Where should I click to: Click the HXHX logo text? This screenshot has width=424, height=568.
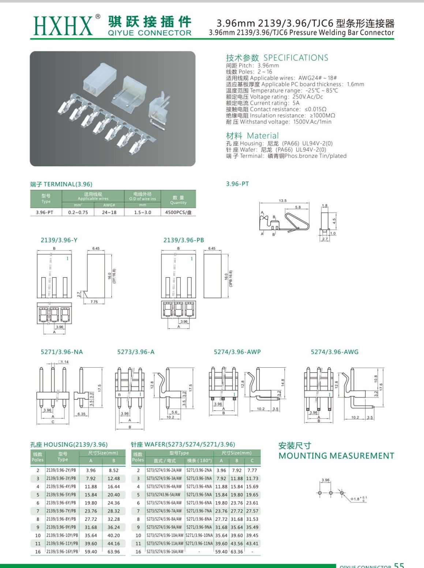coord(63,26)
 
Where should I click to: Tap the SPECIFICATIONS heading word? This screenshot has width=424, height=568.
coord(296,58)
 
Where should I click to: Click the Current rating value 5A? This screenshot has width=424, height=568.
coord(296,103)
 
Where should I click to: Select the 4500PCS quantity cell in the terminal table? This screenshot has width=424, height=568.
coord(178,212)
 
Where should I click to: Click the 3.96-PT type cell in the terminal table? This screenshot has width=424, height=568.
coord(45,212)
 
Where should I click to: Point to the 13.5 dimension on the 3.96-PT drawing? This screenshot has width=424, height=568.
coord(283,201)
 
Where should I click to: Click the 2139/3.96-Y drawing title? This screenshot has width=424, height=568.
coord(59,240)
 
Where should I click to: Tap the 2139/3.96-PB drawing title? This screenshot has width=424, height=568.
coord(184,240)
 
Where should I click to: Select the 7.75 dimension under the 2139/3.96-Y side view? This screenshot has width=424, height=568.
coord(94,302)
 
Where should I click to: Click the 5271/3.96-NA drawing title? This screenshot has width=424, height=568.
coord(62,352)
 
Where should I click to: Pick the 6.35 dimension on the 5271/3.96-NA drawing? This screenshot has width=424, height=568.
coord(81,414)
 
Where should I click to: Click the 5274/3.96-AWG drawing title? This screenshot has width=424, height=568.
coord(335,352)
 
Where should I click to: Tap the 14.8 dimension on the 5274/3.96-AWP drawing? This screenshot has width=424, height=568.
coord(283,382)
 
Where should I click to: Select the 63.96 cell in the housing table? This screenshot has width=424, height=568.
coord(113,552)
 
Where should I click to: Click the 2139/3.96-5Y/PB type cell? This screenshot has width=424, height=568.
coord(61,495)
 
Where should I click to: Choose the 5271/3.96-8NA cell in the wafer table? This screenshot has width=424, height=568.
coord(199,519)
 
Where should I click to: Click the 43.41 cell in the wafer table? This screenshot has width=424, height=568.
coord(252,543)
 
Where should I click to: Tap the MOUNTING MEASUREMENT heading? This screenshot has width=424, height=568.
coord(336,456)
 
